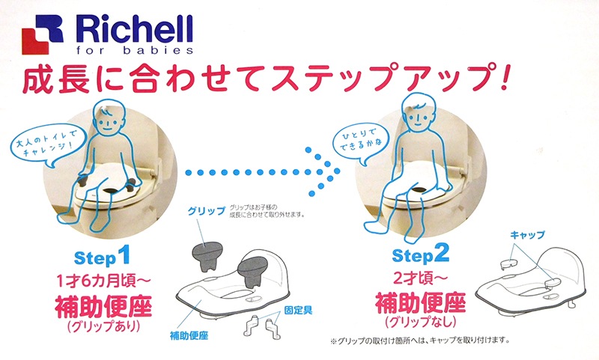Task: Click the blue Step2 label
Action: tap(420, 255)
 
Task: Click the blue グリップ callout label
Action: tap(207, 211)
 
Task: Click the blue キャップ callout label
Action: tap(526, 234)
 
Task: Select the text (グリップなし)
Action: tap(420, 323)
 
